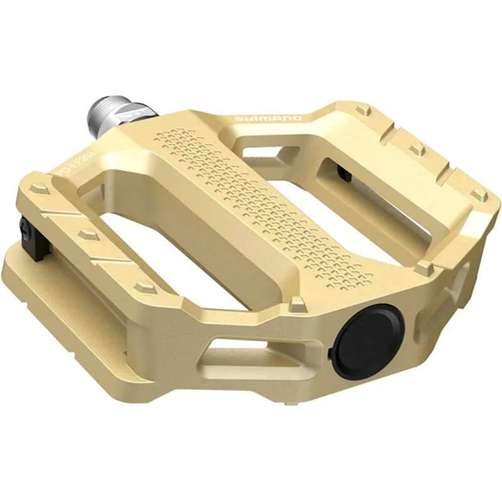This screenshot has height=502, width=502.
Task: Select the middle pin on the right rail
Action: (x=416, y=150)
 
